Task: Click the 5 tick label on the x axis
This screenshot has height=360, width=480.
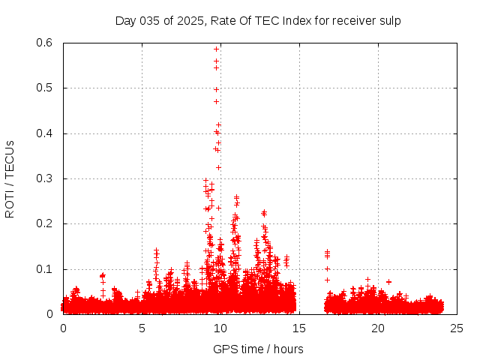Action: click(142, 328)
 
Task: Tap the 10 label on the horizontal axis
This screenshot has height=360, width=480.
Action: click(220, 328)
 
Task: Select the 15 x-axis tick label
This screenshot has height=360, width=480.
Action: click(299, 328)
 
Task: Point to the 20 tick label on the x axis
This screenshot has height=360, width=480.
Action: click(378, 328)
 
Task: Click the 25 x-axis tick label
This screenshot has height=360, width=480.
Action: click(457, 328)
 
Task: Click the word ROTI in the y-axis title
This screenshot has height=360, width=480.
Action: click(10, 202)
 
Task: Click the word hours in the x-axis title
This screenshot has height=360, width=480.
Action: click(287, 349)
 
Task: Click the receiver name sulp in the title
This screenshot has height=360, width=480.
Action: click(389, 21)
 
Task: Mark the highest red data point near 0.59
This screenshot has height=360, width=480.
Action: click(216, 49)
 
